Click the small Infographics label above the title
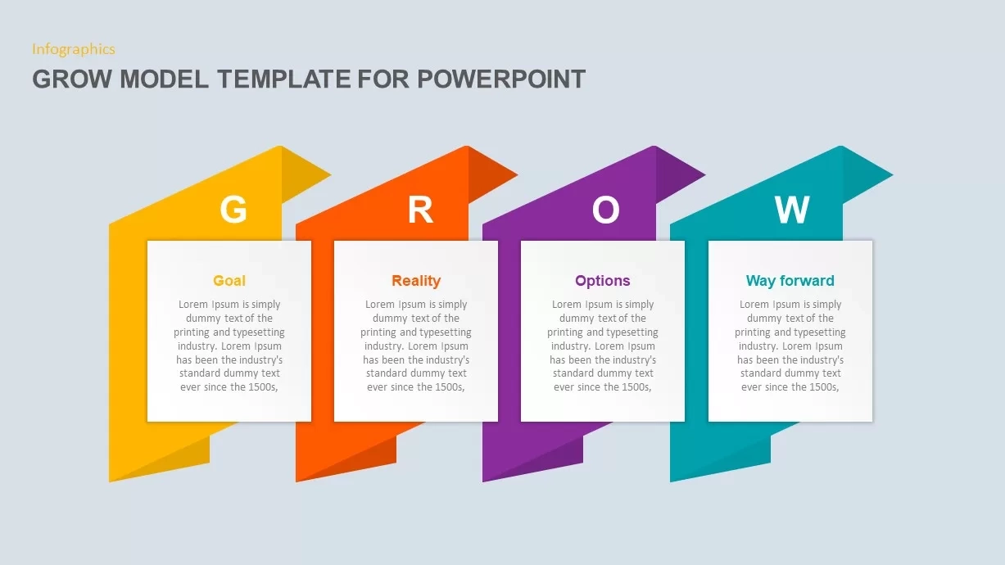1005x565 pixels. (73, 49)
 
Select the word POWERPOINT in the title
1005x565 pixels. (501, 79)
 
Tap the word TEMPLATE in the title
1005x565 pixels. (284, 79)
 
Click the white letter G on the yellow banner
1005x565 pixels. (233, 210)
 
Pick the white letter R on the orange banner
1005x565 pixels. (420, 210)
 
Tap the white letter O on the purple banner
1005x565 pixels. (606, 210)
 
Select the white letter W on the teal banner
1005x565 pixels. (792, 210)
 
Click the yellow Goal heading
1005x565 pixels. (229, 281)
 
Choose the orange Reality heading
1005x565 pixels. (416, 281)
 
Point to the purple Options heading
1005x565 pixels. (603, 281)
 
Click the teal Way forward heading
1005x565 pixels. (790, 281)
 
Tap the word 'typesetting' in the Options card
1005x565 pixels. (631, 332)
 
